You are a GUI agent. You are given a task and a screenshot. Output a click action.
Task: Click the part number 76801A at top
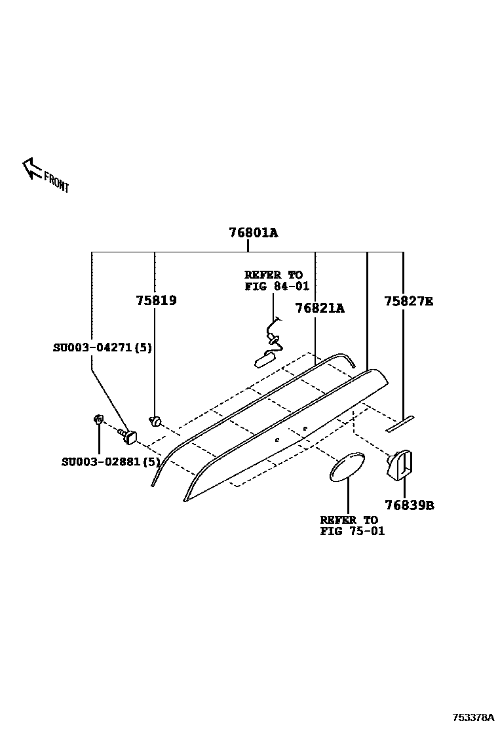coord(253,233)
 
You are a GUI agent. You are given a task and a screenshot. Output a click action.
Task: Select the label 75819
coord(156,301)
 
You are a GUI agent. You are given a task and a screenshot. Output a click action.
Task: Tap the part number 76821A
coord(319,307)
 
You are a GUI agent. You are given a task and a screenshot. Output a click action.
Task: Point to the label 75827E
coord(408,301)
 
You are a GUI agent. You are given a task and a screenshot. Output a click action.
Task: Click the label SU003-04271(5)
coord(102,347)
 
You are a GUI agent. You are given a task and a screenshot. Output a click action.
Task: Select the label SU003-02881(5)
coord(111,462)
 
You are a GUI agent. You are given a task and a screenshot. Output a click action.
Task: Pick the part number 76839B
coord(409,505)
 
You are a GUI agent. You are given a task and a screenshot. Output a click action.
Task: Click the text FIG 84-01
coord(277,286)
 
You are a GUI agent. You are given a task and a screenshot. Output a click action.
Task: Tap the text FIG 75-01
coord(352,531)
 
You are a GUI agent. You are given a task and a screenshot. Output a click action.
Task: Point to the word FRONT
coord(56,182)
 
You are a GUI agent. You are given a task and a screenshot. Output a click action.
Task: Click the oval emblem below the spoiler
coord(347,465)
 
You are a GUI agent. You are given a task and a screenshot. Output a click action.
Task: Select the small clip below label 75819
coord(156,420)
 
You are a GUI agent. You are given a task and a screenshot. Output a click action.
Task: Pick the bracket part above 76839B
coord(400,463)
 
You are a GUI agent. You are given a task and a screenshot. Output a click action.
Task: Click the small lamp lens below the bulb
coord(265,359)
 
